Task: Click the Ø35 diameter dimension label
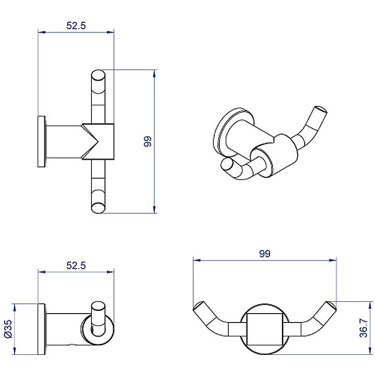8,329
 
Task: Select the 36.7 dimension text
364,328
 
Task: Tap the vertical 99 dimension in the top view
148,142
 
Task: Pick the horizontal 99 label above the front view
265,254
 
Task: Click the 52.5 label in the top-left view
76,26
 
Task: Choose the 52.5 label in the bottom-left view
76,265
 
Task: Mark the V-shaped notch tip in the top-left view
98,141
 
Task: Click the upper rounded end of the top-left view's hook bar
98,75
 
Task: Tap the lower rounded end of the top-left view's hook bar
98,208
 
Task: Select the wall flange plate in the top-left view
42,142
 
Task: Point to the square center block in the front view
265,329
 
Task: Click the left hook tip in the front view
198,306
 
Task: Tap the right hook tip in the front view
331,306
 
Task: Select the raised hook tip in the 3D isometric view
321,111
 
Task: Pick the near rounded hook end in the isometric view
227,165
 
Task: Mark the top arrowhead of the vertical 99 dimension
155,73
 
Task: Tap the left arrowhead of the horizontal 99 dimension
197,260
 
